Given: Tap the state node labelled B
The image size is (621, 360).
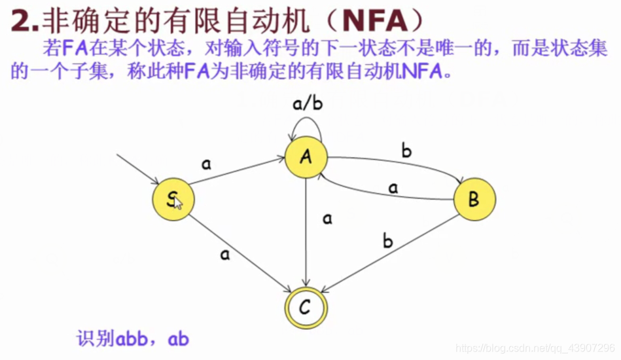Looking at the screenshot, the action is tap(474, 199).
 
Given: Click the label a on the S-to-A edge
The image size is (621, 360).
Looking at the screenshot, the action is tap(207, 164).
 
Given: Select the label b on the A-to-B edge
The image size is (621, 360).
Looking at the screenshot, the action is tap(406, 153).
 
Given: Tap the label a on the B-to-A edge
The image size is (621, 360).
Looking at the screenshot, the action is tap(393, 188).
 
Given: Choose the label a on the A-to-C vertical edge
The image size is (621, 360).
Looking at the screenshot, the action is tap(327, 219).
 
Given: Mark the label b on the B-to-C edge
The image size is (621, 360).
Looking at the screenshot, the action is tap(387, 242).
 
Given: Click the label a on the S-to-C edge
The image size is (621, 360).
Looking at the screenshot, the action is tap(225, 255).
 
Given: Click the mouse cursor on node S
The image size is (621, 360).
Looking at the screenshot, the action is tap(178, 203).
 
